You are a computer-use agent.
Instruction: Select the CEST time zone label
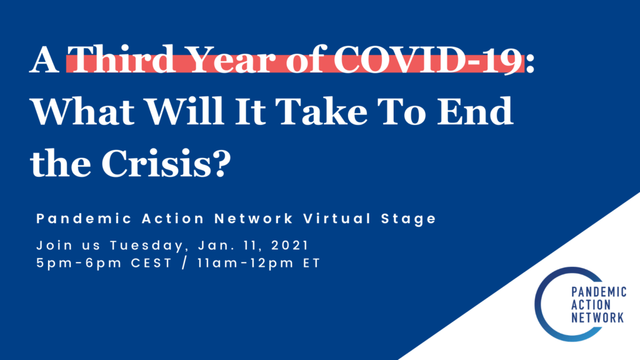132,263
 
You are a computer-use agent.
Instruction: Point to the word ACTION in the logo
590,306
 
